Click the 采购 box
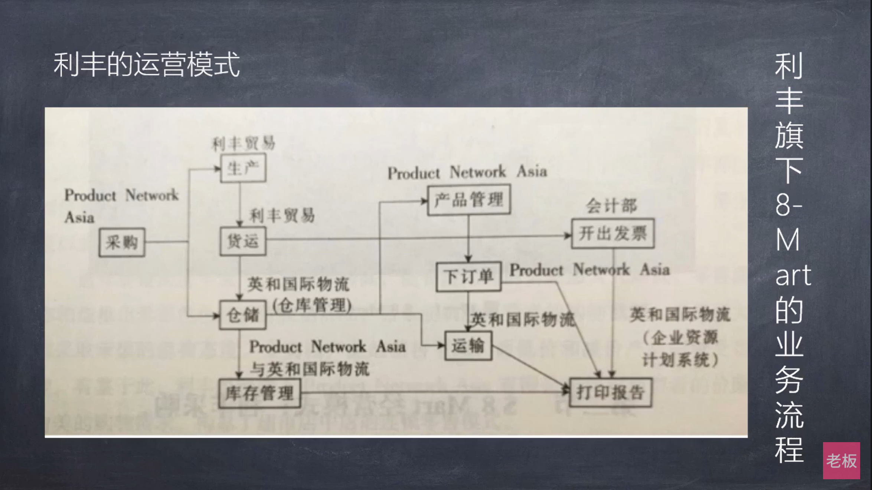[122, 242]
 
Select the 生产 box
[243, 168]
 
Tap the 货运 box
[243, 241]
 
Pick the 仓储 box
[243, 315]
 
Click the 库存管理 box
[259, 393]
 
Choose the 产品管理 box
[469, 200]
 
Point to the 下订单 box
[468, 276]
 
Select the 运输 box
[468, 346]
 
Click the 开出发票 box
[613, 233]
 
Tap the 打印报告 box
[610, 392]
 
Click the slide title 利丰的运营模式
[147, 65]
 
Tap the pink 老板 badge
[841, 461]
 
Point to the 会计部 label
[611, 205]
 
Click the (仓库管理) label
[312, 305]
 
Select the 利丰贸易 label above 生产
[243, 144]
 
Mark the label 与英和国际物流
[310, 369]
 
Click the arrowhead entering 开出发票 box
[568, 235]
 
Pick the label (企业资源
[680, 338]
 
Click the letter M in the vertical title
[787, 240]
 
